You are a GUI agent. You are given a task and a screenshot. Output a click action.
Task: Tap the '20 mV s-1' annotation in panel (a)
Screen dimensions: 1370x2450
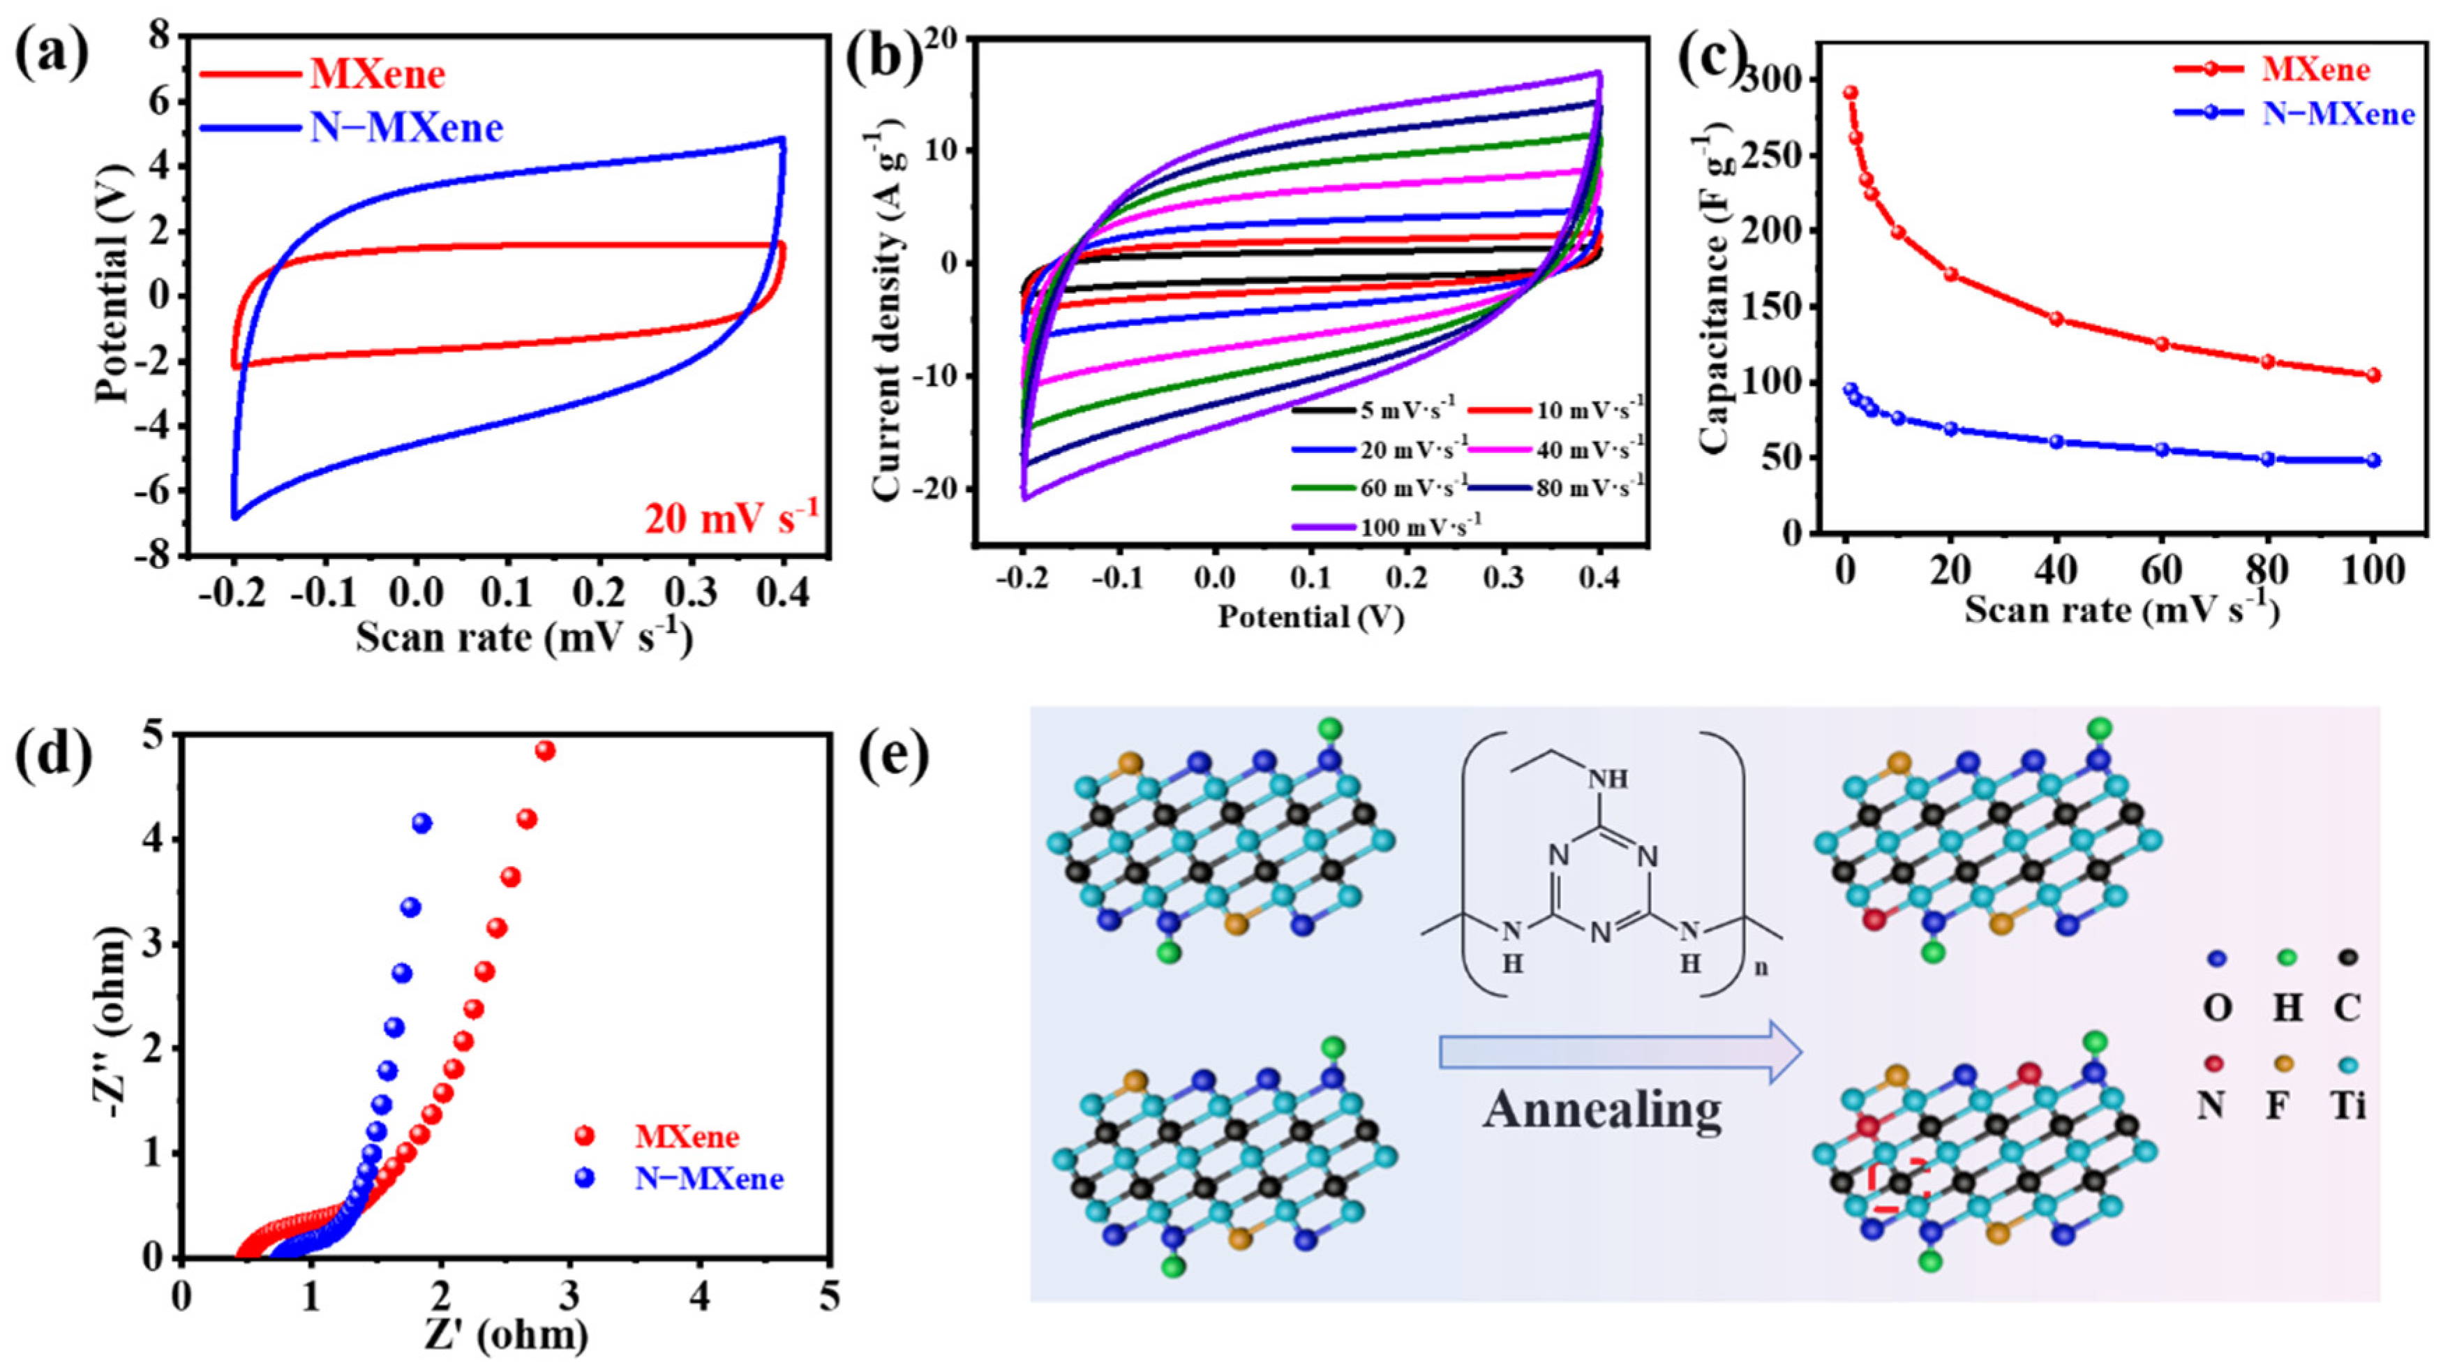731,519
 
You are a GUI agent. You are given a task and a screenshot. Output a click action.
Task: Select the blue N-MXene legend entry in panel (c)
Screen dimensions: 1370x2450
2292,114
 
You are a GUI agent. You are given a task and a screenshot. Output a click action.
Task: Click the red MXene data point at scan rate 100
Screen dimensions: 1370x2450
2373,375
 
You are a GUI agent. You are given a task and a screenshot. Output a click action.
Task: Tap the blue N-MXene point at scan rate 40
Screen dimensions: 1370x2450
2056,442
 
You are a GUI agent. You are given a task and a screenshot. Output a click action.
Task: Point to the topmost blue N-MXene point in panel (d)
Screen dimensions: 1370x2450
422,822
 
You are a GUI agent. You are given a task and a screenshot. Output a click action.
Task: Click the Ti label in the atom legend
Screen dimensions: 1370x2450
2347,1105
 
